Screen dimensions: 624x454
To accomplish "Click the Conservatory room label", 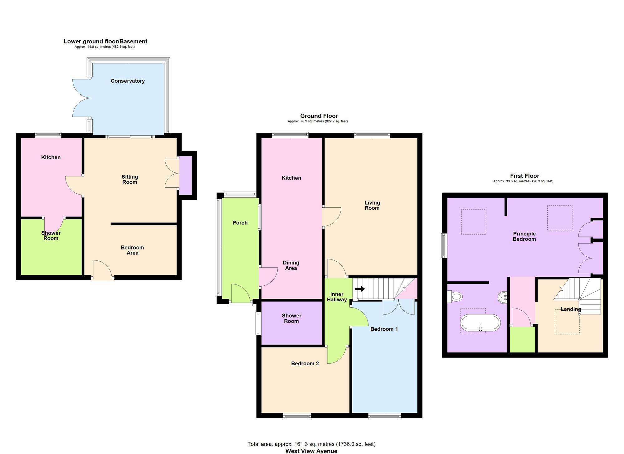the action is click(x=128, y=81).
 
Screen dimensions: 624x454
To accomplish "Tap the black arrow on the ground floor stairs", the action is click(x=360, y=289).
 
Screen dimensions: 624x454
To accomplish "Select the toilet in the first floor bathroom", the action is click(x=455, y=296).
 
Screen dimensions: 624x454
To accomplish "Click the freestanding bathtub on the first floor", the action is click(x=480, y=323).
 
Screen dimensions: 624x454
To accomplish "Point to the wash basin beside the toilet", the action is click(x=503, y=297).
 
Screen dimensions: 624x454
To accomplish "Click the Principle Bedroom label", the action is click(x=524, y=236).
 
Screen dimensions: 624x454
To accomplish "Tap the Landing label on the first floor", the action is click(x=571, y=309).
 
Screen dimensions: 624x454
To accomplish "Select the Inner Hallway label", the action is click(x=337, y=297).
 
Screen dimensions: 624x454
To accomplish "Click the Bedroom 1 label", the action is click(x=384, y=329).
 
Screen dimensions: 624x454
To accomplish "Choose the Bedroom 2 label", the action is click(x=305, y=363).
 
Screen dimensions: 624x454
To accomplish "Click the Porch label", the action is click(x=240, y=223).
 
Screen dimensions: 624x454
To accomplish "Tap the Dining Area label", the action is click(x=291, y=265).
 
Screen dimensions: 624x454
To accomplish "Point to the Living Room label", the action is click(x=372, y=205).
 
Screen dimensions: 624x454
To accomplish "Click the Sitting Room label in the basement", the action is click(x=129, y=180).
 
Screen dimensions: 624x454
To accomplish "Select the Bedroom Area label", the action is click(x=132, y=250).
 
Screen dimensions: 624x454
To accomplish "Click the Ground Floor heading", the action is click(x=319, y=116).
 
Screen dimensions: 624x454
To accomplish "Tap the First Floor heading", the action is click(x=524, y=176).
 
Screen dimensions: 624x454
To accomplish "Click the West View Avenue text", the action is click(x=311, y=451).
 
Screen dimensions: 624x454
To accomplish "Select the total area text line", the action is click(x=311, y=444).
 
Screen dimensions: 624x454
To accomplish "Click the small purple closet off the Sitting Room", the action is click(x=185, y=175).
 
